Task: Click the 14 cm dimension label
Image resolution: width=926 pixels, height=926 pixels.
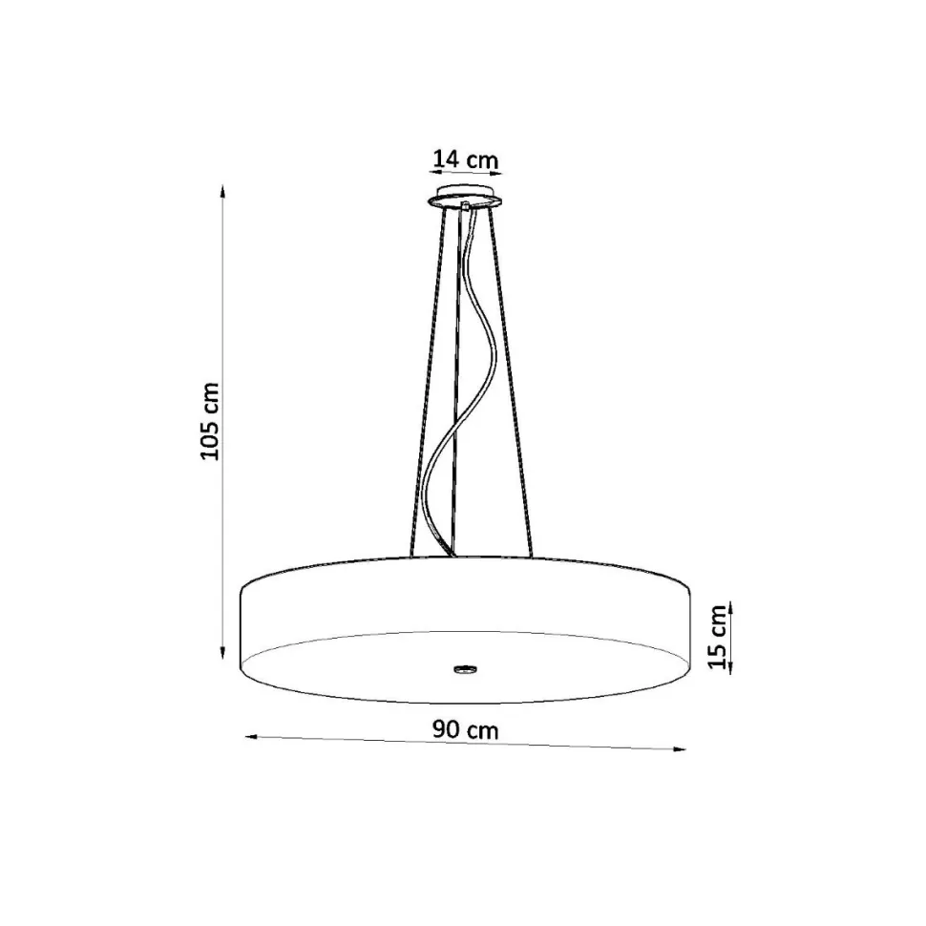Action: click(x=466, y=159)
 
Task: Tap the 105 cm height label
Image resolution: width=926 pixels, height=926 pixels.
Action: click(x=210, y=421)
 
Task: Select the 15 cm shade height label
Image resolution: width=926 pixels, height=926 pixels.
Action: click(x=718, y=637)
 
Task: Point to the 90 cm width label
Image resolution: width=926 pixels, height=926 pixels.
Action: click(x=465, y=730)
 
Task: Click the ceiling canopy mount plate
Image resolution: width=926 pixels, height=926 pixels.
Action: click(x=465, y=197)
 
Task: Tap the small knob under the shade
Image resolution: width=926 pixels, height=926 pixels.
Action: click(x=466, y=669)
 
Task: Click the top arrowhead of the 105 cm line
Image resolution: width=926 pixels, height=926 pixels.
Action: click(x=222, y=191)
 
